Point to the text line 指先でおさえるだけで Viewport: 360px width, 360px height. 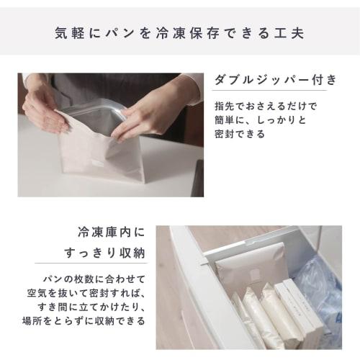[x=265, y=106]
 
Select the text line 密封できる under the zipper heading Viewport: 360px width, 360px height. [x=240, y=134]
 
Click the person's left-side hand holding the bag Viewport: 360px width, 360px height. [x=43, y=108]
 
